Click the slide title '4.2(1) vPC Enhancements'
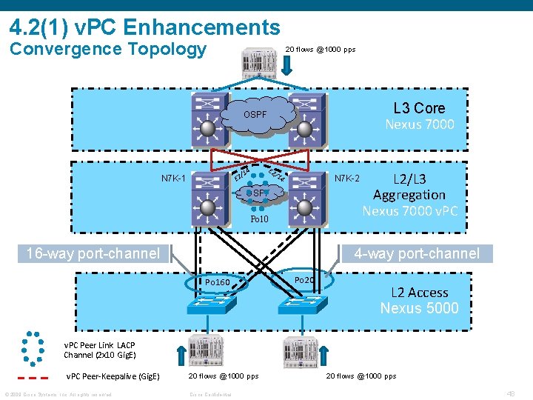coord(145,27)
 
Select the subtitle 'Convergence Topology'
coord(108,49)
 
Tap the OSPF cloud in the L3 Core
coord(255,116)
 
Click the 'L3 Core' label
coord(419,107)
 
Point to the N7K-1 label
coord(173,179)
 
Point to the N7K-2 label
coord(347,179)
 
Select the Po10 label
coord(259,220)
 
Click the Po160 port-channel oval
coord(218,281)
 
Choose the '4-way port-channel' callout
coord(417,253)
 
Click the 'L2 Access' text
coord(419,293)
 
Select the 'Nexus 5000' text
coord(419,308)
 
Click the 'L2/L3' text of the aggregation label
coord(409,179)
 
